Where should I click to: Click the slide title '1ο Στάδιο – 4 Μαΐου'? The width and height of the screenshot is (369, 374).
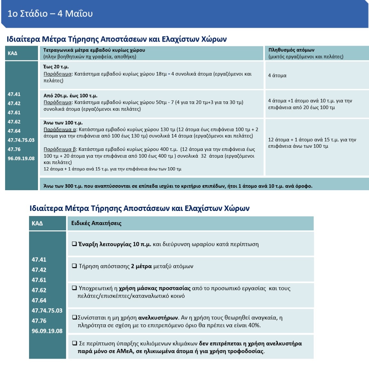point(50,13)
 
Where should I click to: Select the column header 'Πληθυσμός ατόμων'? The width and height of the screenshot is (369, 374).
point(291,50)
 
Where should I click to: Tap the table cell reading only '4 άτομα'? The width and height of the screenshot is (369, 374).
point(277,76)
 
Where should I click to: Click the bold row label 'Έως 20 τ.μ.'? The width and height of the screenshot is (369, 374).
point(56,67)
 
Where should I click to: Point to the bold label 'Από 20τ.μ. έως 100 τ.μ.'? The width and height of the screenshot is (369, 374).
point(70,95)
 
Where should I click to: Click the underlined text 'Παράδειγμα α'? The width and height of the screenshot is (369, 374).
point(60,130)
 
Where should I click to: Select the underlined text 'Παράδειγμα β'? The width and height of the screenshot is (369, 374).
point(60,149)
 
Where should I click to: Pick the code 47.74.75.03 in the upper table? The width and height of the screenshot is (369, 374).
point(21,140)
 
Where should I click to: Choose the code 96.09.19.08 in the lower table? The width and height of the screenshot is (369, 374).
point(47,331)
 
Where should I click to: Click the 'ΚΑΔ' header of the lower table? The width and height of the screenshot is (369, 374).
point(37,223)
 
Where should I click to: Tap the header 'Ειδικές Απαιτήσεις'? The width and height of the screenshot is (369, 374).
point(96,223)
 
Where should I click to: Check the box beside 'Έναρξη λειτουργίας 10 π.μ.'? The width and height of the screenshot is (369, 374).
point(74,244)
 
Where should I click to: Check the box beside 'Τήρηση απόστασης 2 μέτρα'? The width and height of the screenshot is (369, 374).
point(74,266)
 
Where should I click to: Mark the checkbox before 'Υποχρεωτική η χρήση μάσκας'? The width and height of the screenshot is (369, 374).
point(74,288)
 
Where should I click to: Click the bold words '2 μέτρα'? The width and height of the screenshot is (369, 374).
point(141,266)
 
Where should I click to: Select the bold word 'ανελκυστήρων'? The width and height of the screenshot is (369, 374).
point(158,318)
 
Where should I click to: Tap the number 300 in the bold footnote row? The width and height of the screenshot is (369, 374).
point(69,186)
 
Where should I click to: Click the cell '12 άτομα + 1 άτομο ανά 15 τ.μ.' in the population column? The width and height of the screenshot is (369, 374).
point(312,143)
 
